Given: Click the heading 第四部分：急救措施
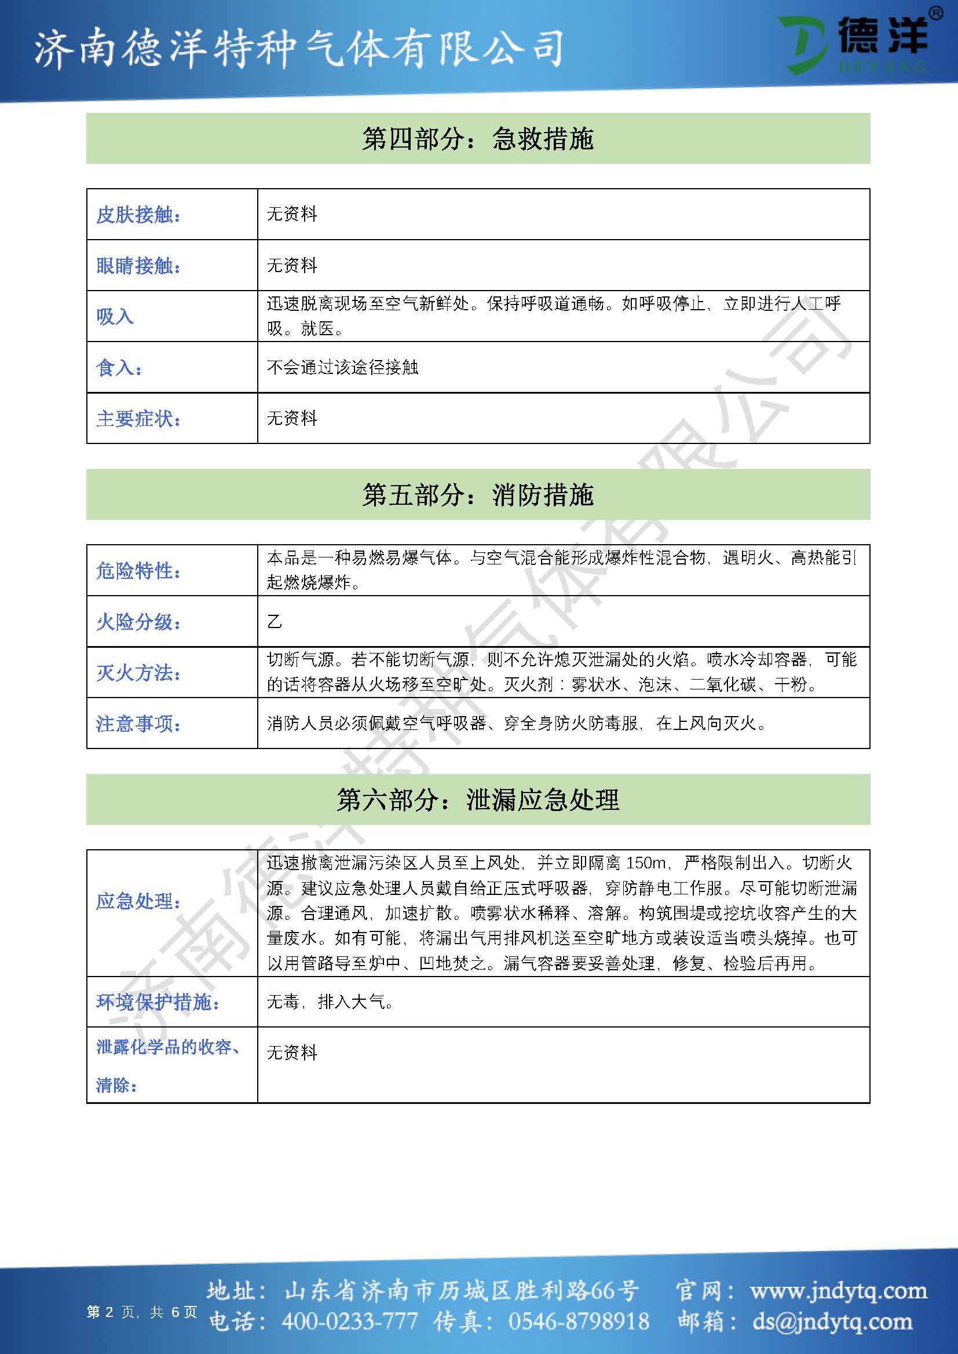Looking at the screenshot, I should (478, 139).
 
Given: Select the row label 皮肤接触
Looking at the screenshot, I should (138, 215).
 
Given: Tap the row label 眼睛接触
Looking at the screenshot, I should (138, 265).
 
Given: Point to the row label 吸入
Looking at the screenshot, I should (115, 317).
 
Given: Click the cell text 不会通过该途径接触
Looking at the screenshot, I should (342, 368).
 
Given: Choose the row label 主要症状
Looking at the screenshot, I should (138, 419).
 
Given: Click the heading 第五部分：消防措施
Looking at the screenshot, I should (478, 495).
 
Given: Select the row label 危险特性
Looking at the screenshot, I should (138, 570).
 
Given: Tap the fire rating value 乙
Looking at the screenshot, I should (275, 622).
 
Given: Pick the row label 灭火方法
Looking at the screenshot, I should (138, 672).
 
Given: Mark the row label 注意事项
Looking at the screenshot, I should (138, 724).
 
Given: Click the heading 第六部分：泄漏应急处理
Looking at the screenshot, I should (478, 799).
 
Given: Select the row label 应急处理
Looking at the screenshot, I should (138, 901).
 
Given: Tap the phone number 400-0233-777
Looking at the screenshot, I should (350, 1321).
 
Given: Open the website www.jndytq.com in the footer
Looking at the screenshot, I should (838, 1291).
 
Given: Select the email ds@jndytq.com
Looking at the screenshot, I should (832, 1321).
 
